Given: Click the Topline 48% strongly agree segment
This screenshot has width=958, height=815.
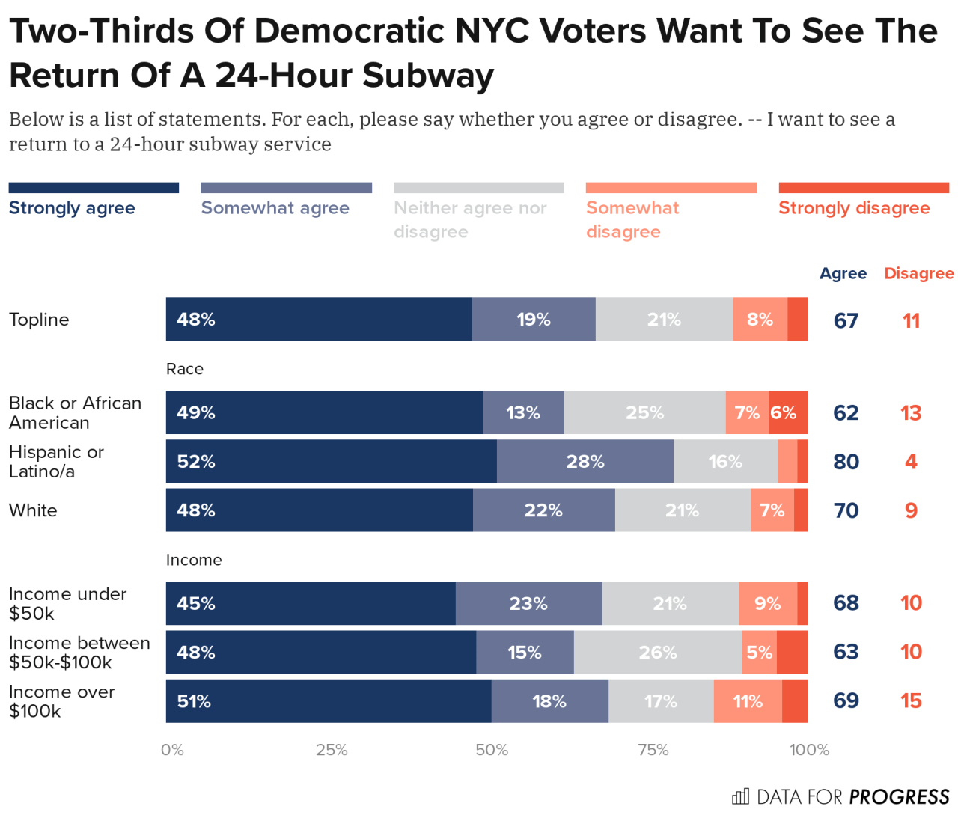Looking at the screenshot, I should (318, 319).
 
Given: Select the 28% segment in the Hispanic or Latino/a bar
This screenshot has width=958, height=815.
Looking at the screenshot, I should (585, 461).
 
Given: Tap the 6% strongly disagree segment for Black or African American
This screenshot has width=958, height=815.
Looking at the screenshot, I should (787, 412).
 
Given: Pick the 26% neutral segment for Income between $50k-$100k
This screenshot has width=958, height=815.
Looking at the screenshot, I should (657, 652).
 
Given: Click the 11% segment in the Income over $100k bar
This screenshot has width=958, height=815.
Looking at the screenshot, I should (747, 701).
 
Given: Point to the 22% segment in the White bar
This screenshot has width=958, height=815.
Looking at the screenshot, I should (543, 510).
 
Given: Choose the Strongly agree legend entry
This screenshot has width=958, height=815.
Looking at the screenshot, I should (72, 207).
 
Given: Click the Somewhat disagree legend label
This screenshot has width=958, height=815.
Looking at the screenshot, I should (632, 219).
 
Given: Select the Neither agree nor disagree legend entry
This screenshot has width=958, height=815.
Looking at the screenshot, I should (470, 219).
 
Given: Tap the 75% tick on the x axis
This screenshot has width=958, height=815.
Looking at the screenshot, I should (653, 750).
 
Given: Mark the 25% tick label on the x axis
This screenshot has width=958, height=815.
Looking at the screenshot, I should (332, 750).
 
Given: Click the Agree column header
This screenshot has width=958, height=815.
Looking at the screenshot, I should (843, 273).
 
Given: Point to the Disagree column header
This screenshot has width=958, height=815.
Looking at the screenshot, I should (918, 273).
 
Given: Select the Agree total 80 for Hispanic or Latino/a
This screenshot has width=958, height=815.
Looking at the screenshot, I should (846, 462).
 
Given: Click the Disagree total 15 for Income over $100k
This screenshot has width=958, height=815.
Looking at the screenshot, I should (911, 701).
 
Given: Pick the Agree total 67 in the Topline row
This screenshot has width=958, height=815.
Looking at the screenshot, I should (846, 320).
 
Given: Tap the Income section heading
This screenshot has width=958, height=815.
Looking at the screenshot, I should (194, 560).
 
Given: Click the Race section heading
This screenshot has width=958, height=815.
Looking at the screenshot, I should (185, 369).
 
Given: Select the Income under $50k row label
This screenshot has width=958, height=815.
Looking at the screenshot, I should (67, 603).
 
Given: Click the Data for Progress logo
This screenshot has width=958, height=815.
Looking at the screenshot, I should (840, 796).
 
